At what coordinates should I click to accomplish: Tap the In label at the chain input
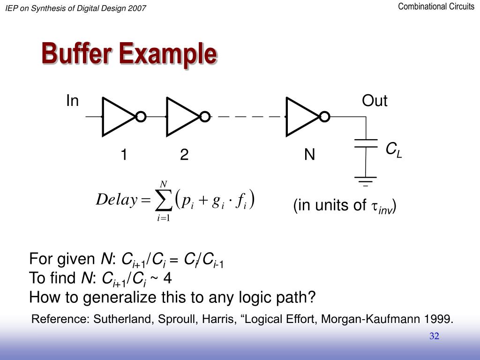(x=72, y=101)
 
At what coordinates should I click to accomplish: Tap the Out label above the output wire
(x=375, y=101)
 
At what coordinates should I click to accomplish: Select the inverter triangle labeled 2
(x=182, y=116)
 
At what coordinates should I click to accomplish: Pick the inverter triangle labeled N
(x=301, y=116)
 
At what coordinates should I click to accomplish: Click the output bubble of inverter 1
(x=140, y=116)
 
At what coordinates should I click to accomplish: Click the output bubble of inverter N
(x=324, y=116)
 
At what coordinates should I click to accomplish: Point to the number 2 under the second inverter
(x=184, y=155)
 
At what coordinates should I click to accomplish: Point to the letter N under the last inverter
(x=309, y=155)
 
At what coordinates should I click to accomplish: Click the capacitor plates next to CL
(x=366, y=143)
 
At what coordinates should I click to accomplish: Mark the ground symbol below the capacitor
(x=366, y=180)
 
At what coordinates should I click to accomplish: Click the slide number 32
(x=434, y=336)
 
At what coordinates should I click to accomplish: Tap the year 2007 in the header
(x=136, y=8)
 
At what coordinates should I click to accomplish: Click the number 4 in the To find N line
(x=167, y=278)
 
